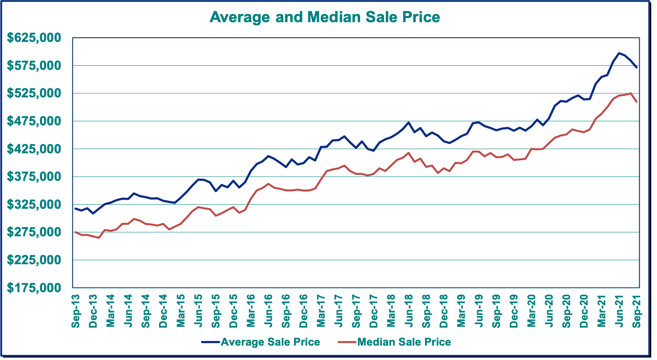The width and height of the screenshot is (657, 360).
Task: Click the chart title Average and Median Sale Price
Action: pos(324,17)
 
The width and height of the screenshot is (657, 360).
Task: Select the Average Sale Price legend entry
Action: pos(270,342)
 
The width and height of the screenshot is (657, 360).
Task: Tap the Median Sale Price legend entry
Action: pos(404,342)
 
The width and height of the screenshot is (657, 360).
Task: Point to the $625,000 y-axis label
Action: pos(34,38)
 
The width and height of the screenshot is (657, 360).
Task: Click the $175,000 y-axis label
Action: pos(34,288)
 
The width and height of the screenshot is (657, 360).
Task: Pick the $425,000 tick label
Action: pos(34,149)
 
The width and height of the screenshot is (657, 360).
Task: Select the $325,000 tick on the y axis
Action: pos(34,204)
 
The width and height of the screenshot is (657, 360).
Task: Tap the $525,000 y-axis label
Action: pos(34,93)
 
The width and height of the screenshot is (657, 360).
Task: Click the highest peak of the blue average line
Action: pos(619,53)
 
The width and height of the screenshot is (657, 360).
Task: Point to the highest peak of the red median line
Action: pos(631,93)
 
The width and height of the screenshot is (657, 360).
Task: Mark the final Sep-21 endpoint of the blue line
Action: pos(636,67)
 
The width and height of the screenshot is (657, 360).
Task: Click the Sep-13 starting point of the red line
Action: pos(76,232)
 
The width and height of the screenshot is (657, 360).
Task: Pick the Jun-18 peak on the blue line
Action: pos(408,122)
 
